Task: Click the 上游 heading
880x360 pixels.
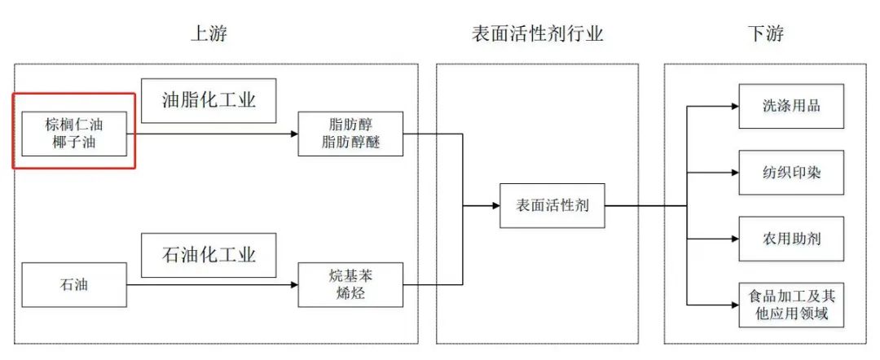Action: [208, 33]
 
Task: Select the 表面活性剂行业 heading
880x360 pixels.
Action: [538, 33]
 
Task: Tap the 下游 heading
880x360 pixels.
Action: [765, 33]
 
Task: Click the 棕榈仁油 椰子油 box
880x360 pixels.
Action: [74, 134]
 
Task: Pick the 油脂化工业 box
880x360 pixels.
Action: [209, 101]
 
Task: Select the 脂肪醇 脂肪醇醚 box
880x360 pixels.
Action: [350, 134]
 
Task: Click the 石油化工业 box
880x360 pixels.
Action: [209, 256]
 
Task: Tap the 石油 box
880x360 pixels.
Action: [74, 284]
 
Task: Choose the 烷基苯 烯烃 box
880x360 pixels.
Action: [350, 284]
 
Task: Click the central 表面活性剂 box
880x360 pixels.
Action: [552, 206]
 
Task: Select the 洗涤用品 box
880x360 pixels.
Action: [790, 105]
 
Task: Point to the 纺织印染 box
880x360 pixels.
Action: [790, 172]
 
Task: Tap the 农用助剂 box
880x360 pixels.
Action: [790, 239]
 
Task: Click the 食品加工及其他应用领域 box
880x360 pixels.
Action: [790, 305]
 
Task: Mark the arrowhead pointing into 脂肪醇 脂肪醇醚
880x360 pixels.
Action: [293, 134]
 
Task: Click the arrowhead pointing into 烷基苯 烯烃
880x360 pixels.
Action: [293, 284]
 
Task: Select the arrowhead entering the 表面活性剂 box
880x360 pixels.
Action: [495, 206]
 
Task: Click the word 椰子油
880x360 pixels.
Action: [74, 143]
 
